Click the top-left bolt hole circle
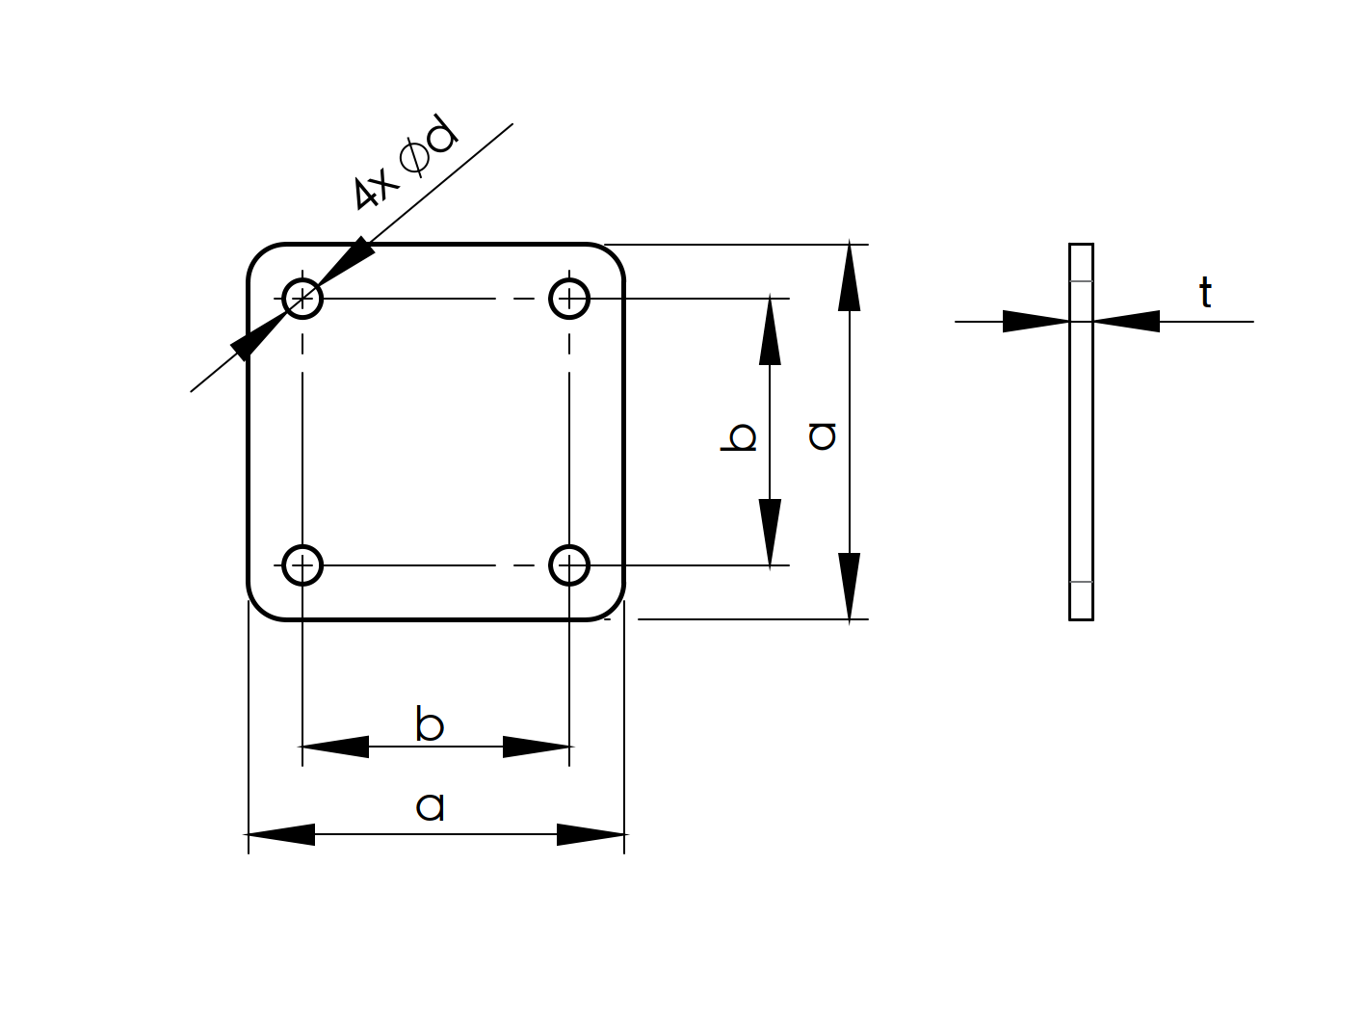click(x=302, y=299)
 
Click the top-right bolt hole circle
click(x=569, y=299)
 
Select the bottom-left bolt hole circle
click(x=302, y=565)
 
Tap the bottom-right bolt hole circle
click(x=569, y=565)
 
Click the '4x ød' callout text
click(x=404, y=163)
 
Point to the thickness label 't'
click(x=1205, y=293)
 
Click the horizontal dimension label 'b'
click(x=430, y=724)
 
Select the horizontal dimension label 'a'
click(x=431, y=806)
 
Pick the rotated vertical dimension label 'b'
click(x=740, y=437)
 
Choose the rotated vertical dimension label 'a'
click(x=823, y=436)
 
